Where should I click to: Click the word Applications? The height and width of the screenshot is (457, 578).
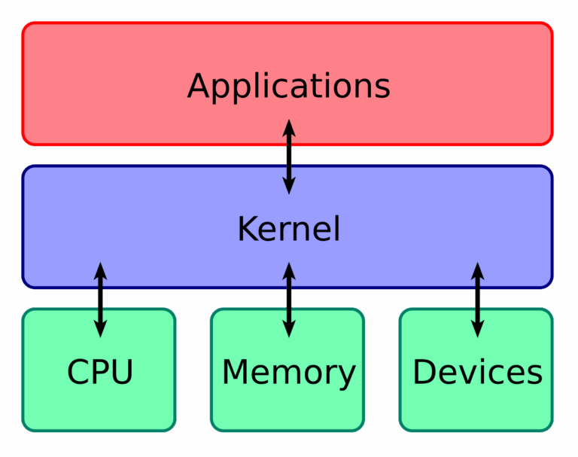288,86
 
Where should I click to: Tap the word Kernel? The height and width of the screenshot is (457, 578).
288,229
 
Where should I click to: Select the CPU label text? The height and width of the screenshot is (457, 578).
100,372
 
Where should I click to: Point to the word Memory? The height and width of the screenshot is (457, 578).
288,372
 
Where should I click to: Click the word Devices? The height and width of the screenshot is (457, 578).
477,372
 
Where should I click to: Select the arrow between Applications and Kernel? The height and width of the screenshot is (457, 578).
288,157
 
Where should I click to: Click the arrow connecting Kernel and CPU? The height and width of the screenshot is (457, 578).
100,299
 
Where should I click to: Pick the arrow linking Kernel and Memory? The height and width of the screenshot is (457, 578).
288,299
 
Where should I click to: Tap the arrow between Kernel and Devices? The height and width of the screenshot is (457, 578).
477,299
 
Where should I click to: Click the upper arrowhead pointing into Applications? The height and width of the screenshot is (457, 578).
288,128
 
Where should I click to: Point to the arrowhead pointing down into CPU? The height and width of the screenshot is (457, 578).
100,328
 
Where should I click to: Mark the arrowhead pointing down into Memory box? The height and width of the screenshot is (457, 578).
288,328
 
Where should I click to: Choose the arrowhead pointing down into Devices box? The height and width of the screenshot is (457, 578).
477,328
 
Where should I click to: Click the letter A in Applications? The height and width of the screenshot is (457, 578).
197,86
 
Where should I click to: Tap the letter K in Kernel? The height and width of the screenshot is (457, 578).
246,229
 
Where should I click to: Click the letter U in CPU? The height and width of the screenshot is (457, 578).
123,372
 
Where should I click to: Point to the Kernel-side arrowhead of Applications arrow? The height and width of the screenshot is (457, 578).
288,185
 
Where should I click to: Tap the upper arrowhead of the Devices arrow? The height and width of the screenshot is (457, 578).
477,270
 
